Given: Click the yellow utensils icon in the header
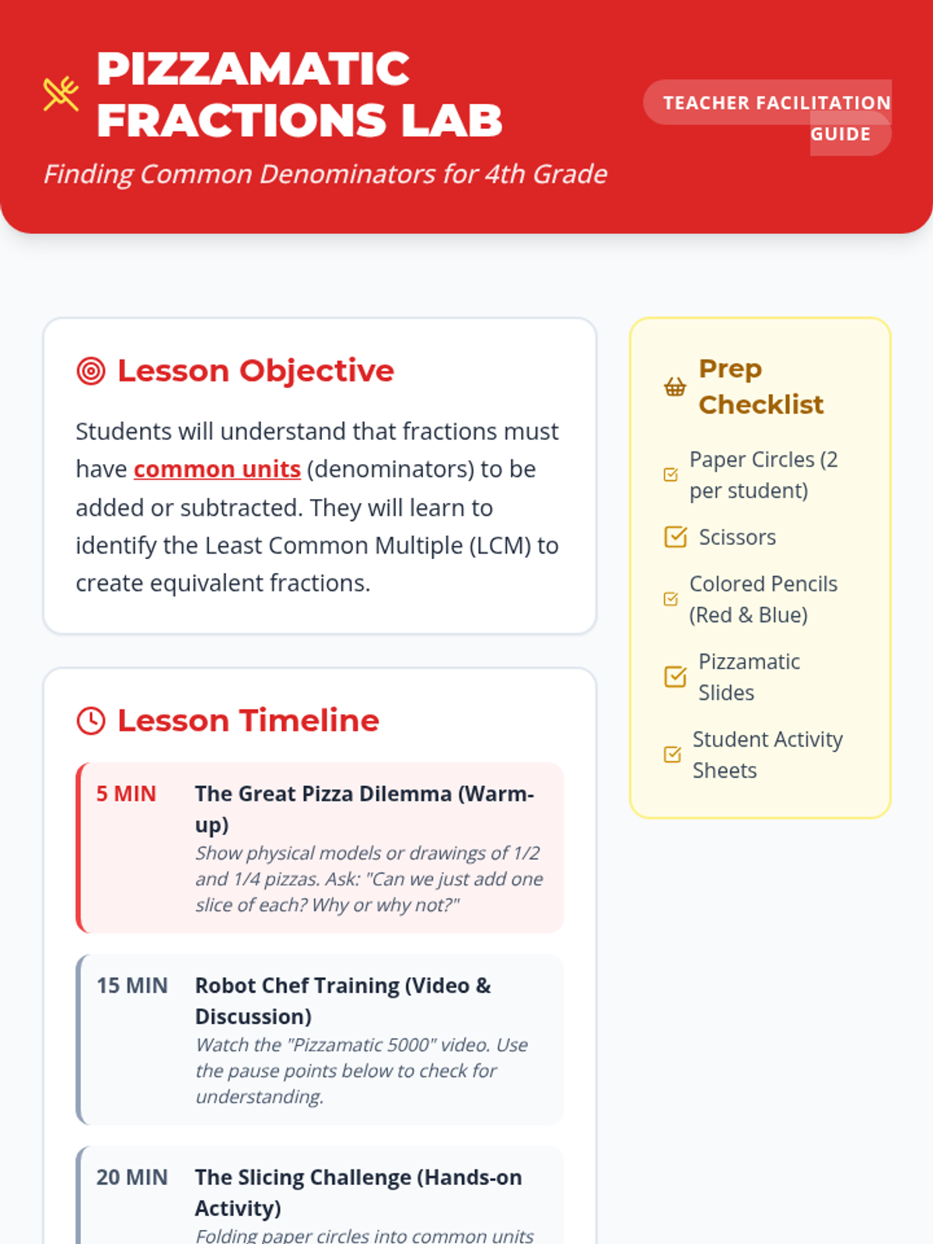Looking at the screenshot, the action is point(61,93).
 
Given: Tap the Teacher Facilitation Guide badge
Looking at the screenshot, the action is point(767,117).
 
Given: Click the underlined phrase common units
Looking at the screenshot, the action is point(217,470).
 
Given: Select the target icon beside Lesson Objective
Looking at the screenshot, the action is point(91,371).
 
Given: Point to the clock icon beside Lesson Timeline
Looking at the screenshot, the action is point(91,721).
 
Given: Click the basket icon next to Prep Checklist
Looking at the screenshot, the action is point(675,387).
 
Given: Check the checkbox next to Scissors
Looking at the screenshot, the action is point(675,536).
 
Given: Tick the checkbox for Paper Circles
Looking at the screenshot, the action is point(671,474).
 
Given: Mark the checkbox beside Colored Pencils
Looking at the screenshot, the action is point(671,599).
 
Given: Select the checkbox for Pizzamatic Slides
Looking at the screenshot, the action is point(675,676).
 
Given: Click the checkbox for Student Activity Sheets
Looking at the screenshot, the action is point(672,754).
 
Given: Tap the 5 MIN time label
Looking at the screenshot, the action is point(126,794).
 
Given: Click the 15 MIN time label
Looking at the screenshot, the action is point(132,986).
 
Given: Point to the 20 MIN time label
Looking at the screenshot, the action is point(132,1177).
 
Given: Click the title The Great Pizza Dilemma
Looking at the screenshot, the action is point(365,809).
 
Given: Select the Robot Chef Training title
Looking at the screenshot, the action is point(344,1001).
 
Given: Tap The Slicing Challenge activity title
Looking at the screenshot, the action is point(358,1193).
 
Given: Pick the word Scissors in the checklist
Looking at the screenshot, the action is point(737,536).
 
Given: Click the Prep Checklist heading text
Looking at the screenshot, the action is point(761,386).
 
